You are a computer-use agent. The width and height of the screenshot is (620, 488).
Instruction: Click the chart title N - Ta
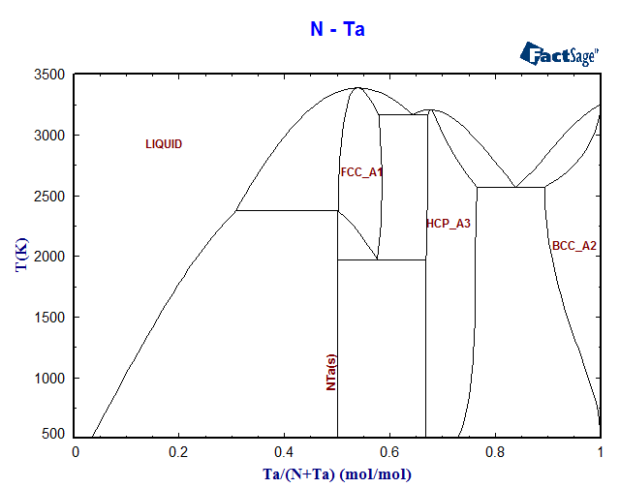337,30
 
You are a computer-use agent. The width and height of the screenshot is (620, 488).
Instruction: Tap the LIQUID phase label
164,144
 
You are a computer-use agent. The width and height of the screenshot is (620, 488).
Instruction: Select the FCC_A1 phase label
361,172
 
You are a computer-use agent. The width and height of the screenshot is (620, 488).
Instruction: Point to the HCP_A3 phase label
448,224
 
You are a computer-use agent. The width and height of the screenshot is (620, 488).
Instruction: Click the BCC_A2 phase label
574,246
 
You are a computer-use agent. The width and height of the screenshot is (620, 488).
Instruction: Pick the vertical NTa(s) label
331,372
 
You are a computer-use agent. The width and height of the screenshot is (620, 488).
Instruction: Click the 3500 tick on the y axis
49,75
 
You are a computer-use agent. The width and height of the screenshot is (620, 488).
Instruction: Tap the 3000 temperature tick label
49,136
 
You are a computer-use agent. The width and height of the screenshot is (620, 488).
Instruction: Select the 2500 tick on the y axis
49,196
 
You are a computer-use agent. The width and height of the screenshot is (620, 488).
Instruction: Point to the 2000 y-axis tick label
49,257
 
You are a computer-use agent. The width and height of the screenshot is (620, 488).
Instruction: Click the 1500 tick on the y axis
49,318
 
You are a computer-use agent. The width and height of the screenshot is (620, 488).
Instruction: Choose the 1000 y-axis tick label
49,378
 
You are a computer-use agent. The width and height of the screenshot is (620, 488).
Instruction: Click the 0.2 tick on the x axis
178,452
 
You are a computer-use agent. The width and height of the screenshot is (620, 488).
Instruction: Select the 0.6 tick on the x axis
388,452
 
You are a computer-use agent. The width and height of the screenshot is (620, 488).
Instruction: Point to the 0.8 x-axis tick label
494,452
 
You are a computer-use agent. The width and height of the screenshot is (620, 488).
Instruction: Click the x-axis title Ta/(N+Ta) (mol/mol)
337,474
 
